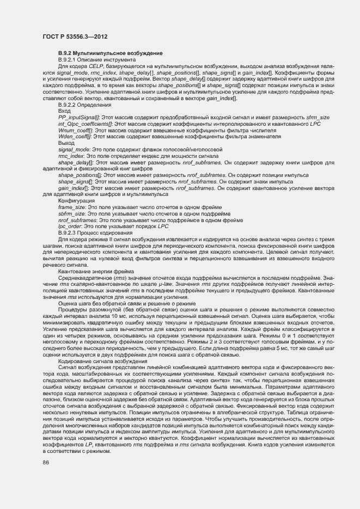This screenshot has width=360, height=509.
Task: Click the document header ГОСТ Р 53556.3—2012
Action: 74,36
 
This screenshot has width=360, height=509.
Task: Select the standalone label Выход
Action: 66,143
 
